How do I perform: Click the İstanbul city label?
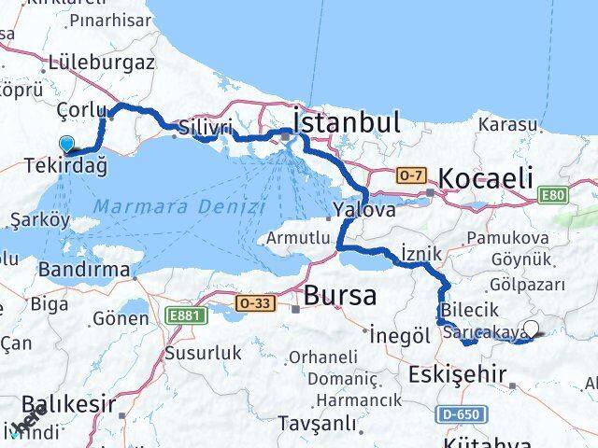click(347, 122)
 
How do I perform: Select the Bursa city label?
click(340, 296)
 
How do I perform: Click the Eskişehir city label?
click(457, 375)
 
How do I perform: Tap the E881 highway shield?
click(186, 316)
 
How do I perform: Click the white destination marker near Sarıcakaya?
click(532, 328)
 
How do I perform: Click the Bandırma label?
click(84, 269)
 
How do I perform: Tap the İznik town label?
click(420, 252)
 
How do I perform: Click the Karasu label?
click(507, 124)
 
